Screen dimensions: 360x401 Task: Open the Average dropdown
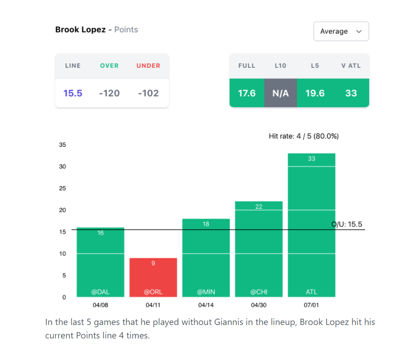pos(341,31)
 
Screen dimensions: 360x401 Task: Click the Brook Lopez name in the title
pos(80,30)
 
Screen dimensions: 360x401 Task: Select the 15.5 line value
pos(73,93)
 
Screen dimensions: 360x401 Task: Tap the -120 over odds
pos(110,93)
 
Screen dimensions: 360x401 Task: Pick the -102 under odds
pos(148,93)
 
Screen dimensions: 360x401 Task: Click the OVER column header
pos(109,66)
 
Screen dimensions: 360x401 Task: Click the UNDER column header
pos(148,66)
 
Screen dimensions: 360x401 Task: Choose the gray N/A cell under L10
pos(280,93)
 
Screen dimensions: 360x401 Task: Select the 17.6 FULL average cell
pos(247,93)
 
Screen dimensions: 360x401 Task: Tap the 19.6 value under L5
pos(315,93)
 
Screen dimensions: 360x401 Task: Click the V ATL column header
pos(351,66)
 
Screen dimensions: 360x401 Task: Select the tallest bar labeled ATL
pos(312,224)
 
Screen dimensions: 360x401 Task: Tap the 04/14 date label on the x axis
pos(206,306)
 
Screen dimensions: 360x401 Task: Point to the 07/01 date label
pos(312,306)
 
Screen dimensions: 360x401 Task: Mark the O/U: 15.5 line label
pos(347,224)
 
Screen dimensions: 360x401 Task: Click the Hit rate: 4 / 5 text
pos(304,136)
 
